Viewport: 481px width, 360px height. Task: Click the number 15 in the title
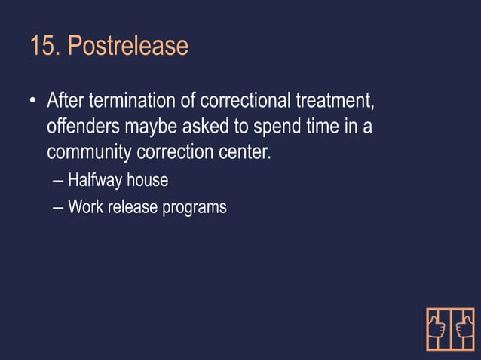(x=42, y=47)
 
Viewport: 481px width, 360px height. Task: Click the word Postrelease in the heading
(x=127, y=47)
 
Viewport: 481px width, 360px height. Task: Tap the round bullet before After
(x=33, y=101)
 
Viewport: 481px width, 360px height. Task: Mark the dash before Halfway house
(x=59, y=182)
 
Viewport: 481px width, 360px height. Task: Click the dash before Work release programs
(x=59, y=207)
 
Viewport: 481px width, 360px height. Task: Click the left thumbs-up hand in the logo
(x=437, y=328)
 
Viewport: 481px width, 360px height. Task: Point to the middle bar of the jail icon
(x=451, y=328)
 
